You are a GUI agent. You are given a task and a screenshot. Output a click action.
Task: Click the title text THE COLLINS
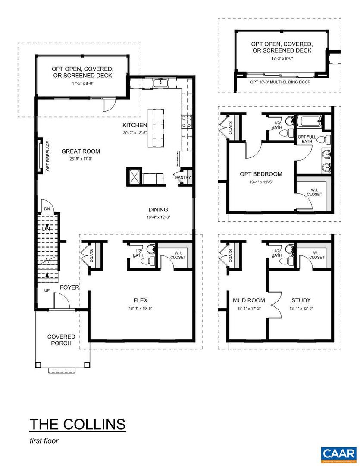click(78, 424)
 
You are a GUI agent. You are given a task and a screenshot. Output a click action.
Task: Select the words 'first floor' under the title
click(44, 441)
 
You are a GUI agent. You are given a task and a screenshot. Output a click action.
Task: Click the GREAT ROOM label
click(81, 151)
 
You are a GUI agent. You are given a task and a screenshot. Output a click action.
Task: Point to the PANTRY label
click(183, 177)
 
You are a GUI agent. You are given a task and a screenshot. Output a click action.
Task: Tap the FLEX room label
click(141, 301)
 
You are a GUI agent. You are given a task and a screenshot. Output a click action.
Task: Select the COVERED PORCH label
click(61, 340)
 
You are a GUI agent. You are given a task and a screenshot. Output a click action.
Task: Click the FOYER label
click(69, 287)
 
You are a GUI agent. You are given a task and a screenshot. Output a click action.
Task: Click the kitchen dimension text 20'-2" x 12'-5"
click(135, 133)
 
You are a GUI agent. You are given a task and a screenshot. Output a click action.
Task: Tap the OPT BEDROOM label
click(261, 174)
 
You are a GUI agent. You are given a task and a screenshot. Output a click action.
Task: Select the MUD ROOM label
click(249, 301)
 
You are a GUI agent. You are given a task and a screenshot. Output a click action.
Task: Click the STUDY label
click(301, 301)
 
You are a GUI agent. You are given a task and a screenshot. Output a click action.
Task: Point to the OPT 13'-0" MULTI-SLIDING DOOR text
click(280, 82)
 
